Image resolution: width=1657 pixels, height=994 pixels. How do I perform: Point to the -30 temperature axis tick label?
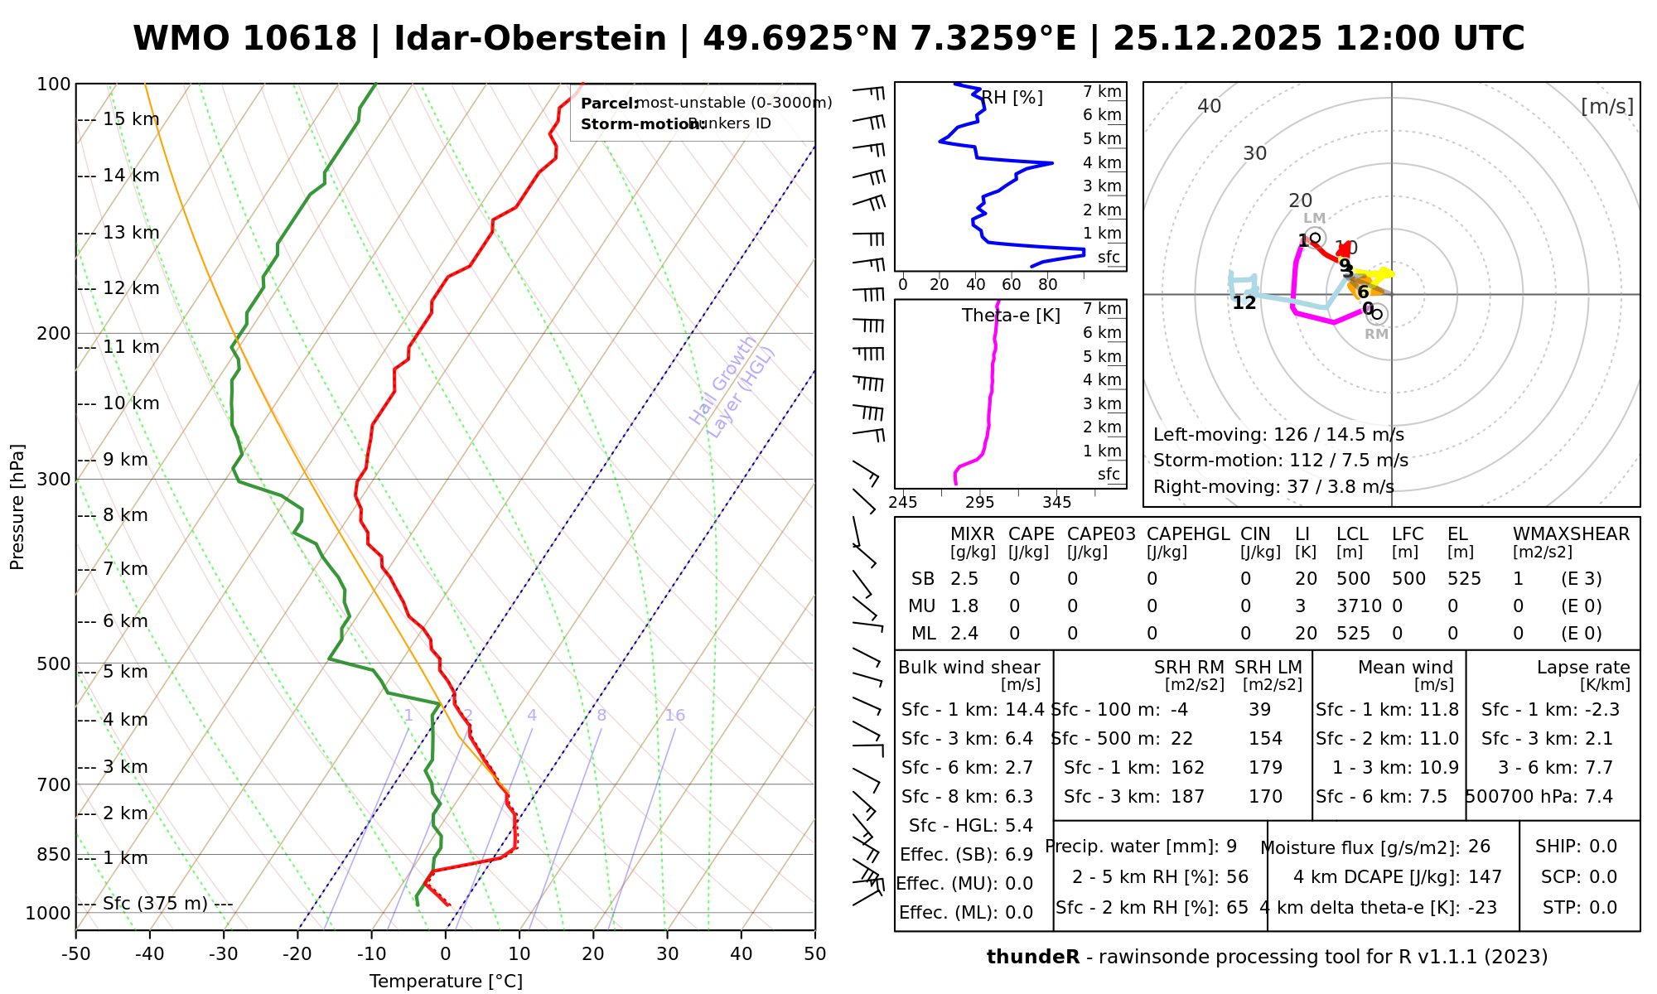point(223,954)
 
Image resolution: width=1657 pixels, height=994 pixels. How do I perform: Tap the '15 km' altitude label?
point(131,119)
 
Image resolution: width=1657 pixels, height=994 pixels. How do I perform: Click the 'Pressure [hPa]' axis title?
point(17,507)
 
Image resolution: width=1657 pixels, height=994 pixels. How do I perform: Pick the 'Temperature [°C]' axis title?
point(446,982)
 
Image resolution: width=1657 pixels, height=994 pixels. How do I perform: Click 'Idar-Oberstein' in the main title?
point(530,39)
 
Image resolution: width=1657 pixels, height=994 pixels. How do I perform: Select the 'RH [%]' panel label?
point(1012,98)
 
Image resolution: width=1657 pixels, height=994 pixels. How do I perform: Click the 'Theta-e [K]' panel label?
point(1011,316)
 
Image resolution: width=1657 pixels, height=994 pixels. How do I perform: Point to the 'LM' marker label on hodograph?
point(1315,219)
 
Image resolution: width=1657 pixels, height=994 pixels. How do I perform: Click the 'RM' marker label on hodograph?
point(1377,334)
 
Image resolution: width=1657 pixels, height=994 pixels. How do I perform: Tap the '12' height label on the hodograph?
point(1244,303)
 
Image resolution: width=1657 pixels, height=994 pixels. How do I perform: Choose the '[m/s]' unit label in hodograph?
point(1607,106)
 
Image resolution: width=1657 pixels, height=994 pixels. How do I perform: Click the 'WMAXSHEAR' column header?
point(1571,534)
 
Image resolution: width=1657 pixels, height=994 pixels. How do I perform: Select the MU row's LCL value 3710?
point(1359,606)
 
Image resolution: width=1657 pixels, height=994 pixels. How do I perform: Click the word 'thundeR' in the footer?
point(1033,958)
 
